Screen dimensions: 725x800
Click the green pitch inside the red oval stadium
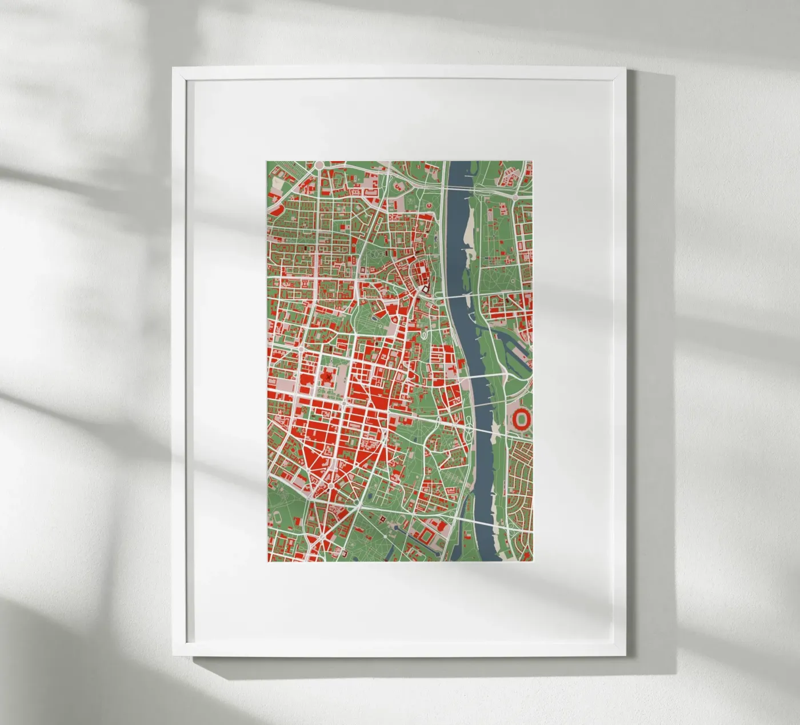[521, 419]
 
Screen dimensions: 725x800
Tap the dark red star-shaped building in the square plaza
[328, 377]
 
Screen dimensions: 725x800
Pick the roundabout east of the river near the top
[515, 197]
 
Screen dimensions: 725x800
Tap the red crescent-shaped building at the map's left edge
[274, 209]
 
